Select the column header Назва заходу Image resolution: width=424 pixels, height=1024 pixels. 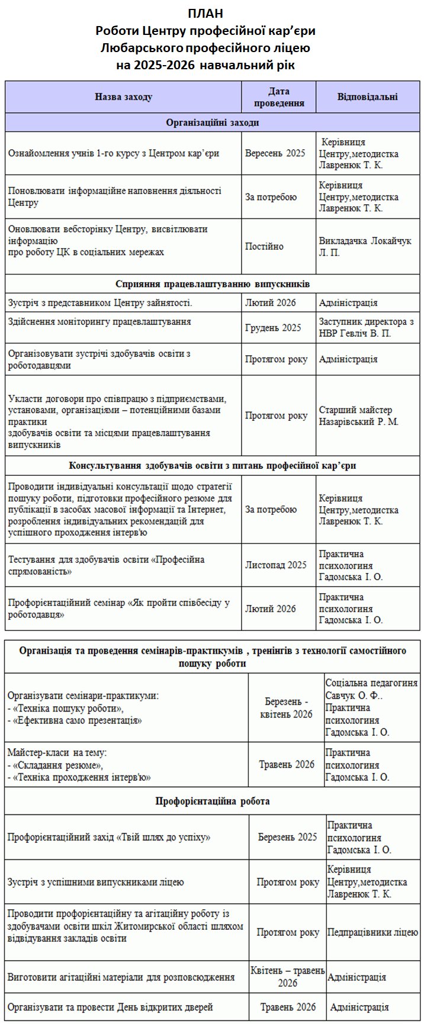pyautogui.click(x=123, y=97)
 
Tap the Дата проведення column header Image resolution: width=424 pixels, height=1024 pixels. pyautogui.click(x=279, y=97)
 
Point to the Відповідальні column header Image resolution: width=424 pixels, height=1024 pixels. pyautogui.click(x=367, y=97)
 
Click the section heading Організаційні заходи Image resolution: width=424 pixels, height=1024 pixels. pyautogui.click(x=212, y=123)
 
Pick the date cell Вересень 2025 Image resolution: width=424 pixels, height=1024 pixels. pyautogui.click(x=275, y=153)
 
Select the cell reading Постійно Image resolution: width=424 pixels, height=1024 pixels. pyautogui.click(x=264, y=246)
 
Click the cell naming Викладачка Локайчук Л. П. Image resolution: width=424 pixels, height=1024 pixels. pyautogui.click(x=365, y=247)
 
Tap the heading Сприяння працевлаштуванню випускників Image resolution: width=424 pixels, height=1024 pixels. pyautogui.click(x=212, y=284)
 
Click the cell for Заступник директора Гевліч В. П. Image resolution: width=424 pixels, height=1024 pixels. pyautogui.click(x=366, y=327)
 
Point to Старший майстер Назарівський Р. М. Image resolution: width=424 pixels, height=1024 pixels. pyautogui.click(x=358, y=416)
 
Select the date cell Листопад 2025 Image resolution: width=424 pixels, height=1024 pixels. pyautogui.click(x=276, y=565)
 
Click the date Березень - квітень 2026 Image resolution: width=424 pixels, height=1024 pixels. pyautogui.click(x=286, y=708)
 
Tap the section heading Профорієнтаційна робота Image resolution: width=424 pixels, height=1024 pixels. pyautogui.click(x=212, y=801)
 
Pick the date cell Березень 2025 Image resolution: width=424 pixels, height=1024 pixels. pyautogui.click(x=287, y=837)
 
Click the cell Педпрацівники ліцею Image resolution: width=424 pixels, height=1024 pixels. pyautogui.click(x=372, y=932)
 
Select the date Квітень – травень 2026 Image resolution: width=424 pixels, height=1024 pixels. pyautogui.click(x=287, y=977)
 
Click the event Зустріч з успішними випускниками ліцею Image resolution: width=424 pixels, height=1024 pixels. pyautogui.click(x=95, y=882)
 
